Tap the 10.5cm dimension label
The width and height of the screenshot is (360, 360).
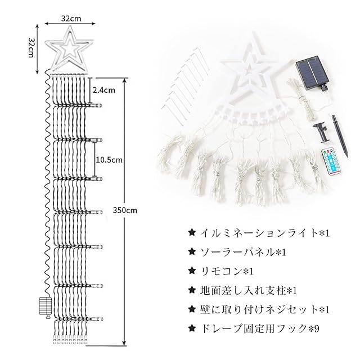click(109, 160)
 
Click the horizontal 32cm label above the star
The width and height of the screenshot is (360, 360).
click(71, 18)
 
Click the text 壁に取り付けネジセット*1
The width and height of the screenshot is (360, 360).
click(259, 310)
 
